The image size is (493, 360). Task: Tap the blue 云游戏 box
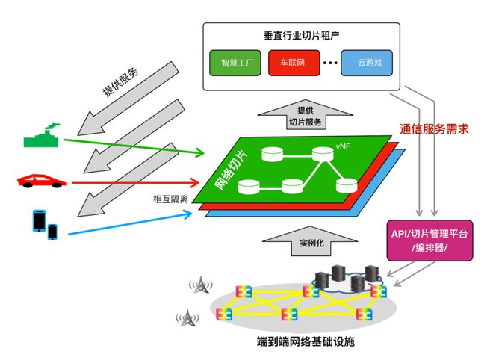point(366,63)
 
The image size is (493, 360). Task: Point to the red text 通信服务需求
point(434,128)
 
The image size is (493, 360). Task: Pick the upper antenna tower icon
point(199,286)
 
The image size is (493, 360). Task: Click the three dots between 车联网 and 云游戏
point(329,63)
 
